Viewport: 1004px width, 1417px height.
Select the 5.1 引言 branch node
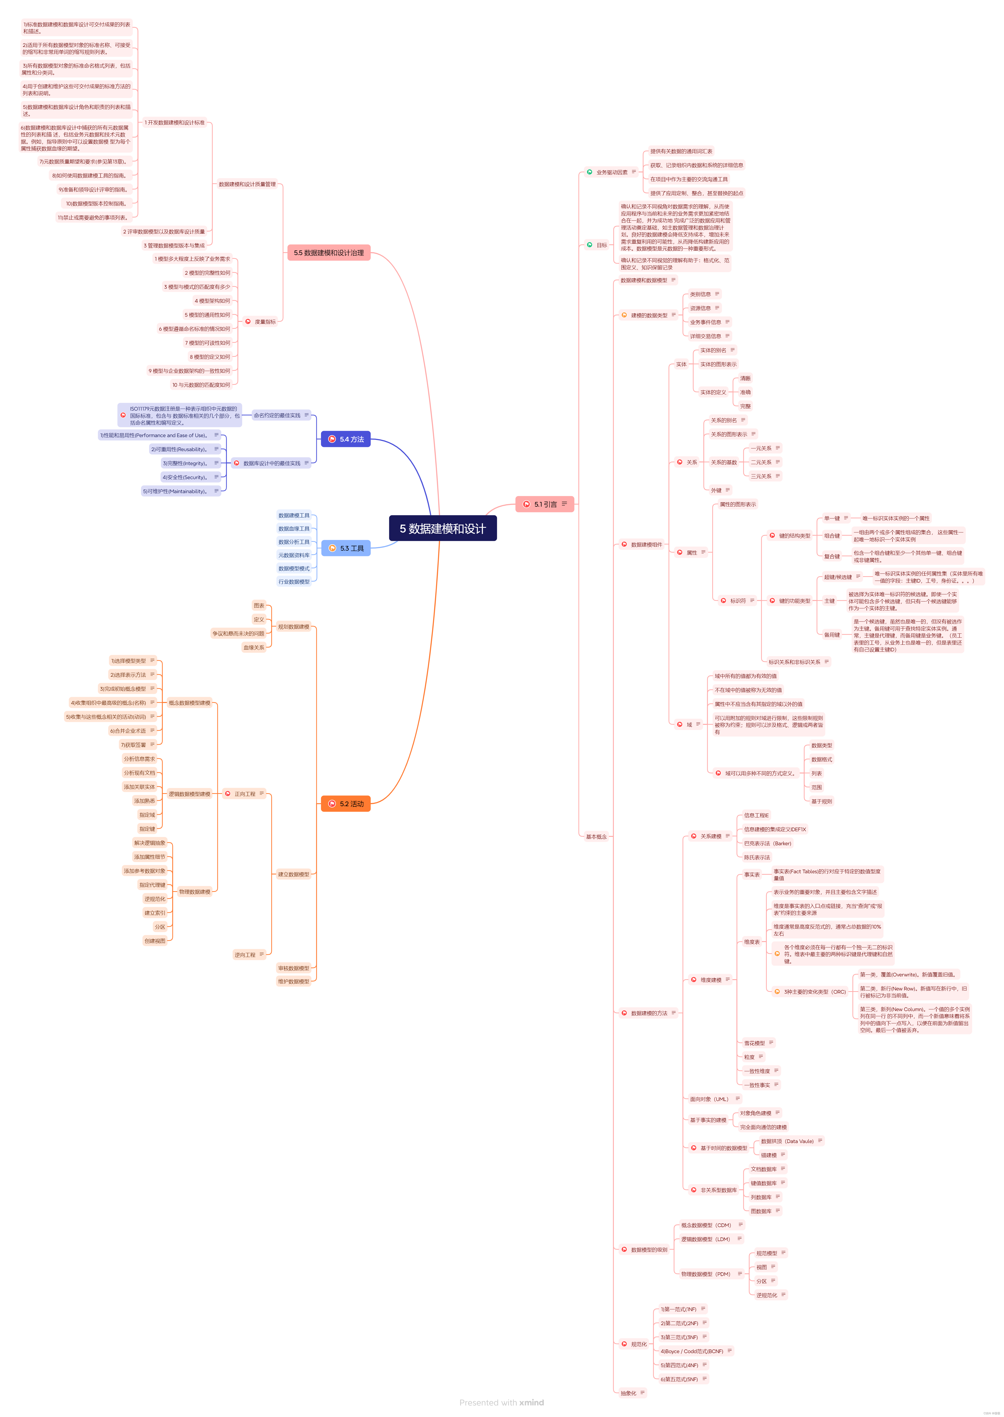tap(545, 504)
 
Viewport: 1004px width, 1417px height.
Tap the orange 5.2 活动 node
tap(345, 803)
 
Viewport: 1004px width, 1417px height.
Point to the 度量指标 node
tap(265, 322)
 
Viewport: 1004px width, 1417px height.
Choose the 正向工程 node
tap(245, 794)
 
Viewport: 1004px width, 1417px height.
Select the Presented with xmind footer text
tap(501, 1402)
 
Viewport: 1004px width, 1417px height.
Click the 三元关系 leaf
tap(761, 476)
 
